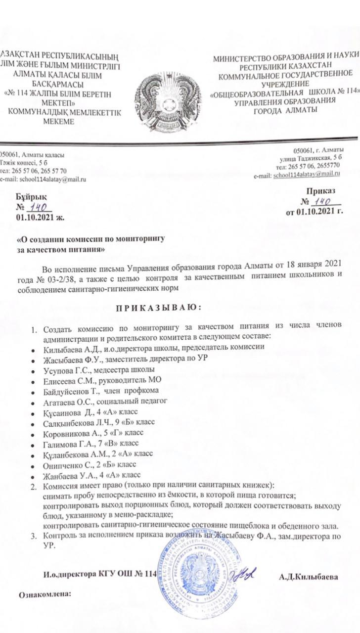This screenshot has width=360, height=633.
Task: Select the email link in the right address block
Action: pos(306,174)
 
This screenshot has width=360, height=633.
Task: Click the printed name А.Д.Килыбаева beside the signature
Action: pos(309,577)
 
